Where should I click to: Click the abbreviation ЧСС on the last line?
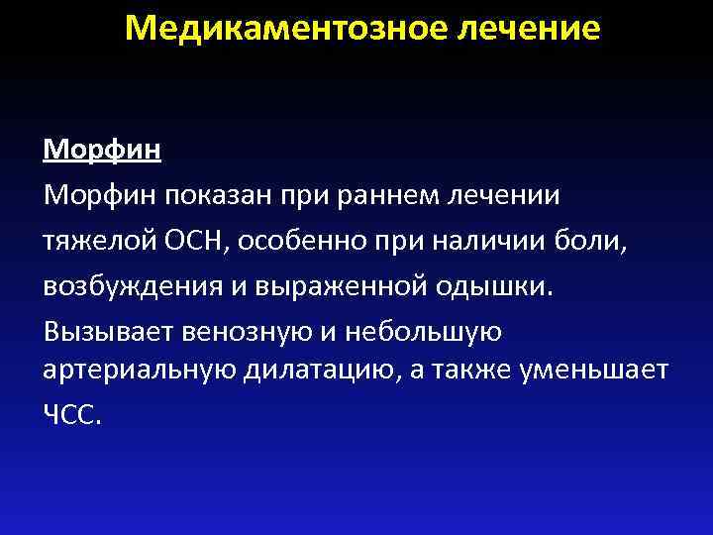tap(70, 415)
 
